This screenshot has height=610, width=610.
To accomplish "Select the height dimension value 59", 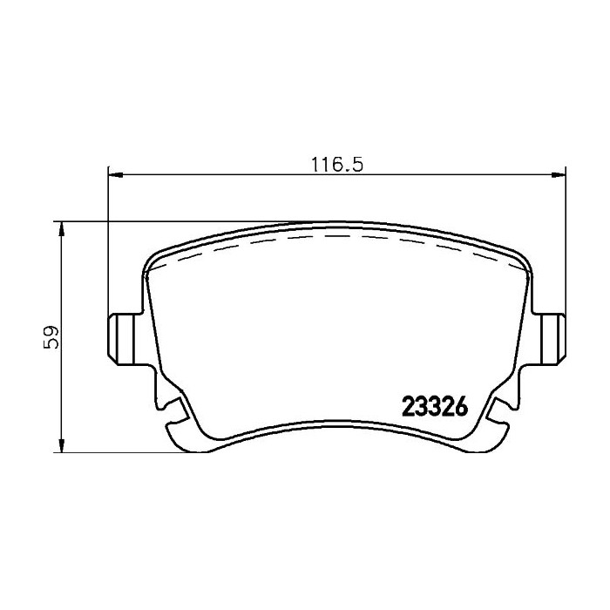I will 53,337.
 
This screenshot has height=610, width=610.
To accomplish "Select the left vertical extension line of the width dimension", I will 107,244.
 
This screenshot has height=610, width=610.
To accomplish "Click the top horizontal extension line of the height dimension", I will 174,221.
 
